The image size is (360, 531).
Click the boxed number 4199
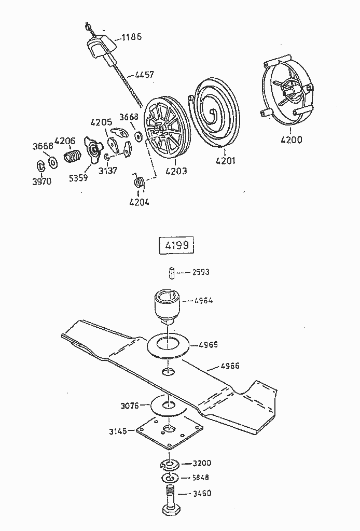pyautogui.click(x=175, y=246)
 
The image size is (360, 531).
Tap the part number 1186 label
pyautogui.click(x=131, y=37)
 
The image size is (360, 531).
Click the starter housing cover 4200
pyautogui.click(x=288, y=96)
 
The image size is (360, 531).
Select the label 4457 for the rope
pyautogui.click(x=144, y=75)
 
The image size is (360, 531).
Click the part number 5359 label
pyautogui.click(x=78, y=177)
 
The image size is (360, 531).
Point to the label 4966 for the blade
pyautogui.click(x=230, y=366)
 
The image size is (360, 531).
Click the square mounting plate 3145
pyautogui.click(x=169, y=431)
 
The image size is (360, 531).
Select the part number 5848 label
pyautogui.click(x=201, y=478)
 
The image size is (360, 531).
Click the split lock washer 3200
pyautogui.click(x=170, y=463)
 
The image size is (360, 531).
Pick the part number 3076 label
pyautogui.click(x=129, y=406)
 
